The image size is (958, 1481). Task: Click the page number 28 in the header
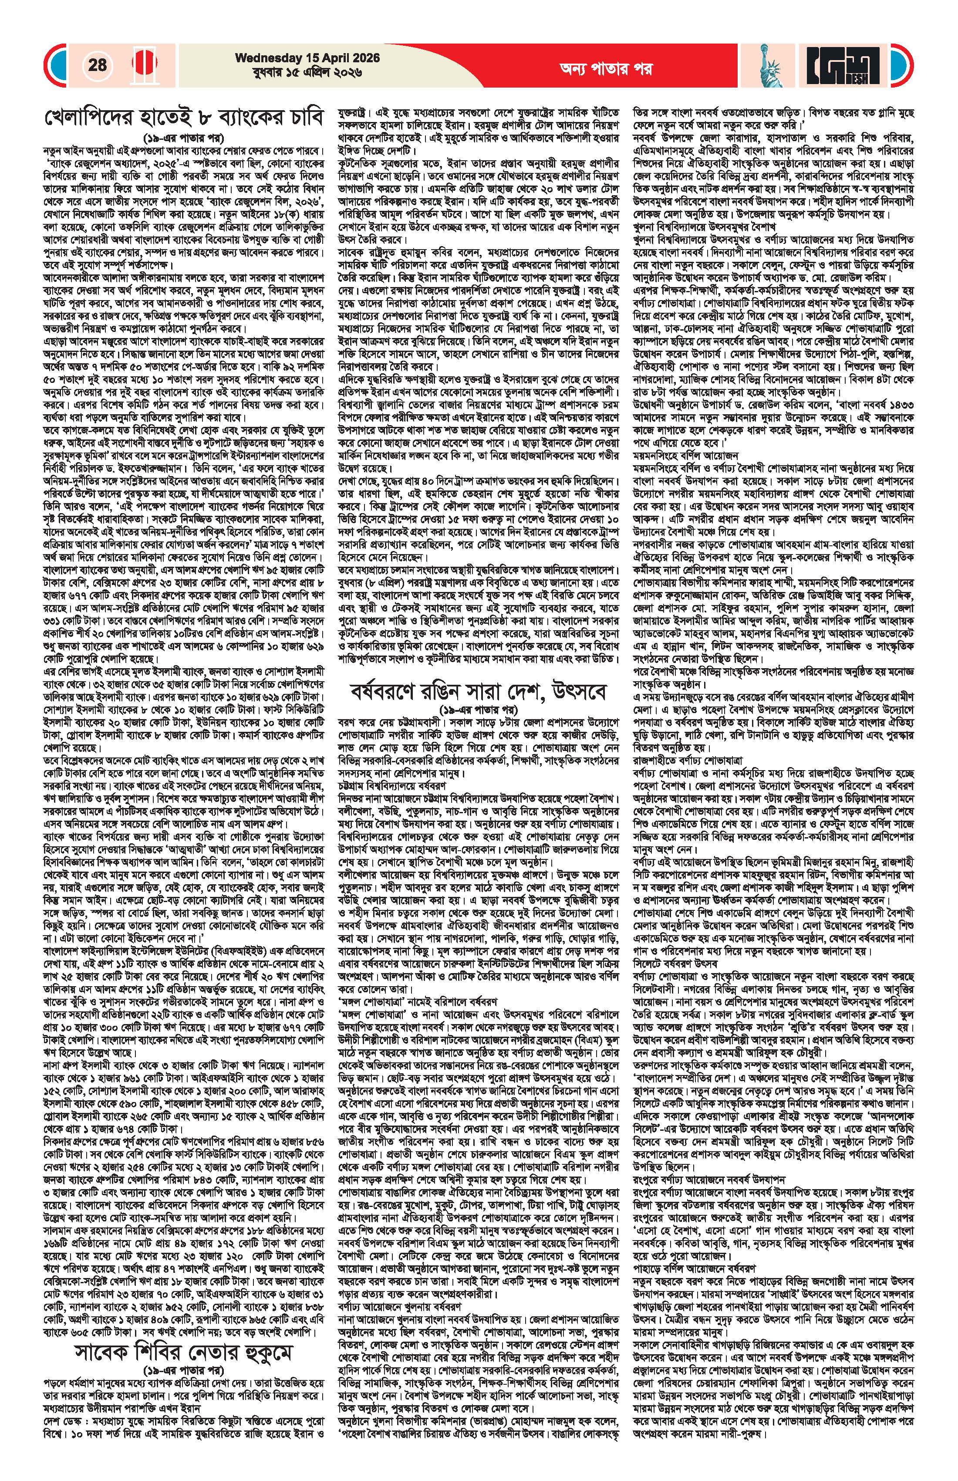click(x=97, y=65)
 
